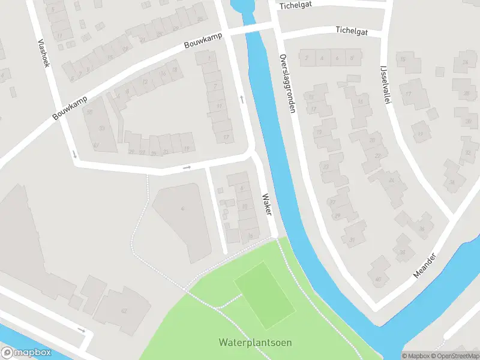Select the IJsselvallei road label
[385, 84]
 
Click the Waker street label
[266, 205]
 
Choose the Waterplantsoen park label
[255, 343]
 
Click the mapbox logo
[25, 353]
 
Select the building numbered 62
[124, 310]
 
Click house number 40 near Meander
[378, 279]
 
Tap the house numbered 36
[422, 229]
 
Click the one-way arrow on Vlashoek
[74, 154]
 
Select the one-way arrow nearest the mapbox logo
[82, 329]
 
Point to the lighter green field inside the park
[264, 294]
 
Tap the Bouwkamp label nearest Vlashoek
[70, 107]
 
